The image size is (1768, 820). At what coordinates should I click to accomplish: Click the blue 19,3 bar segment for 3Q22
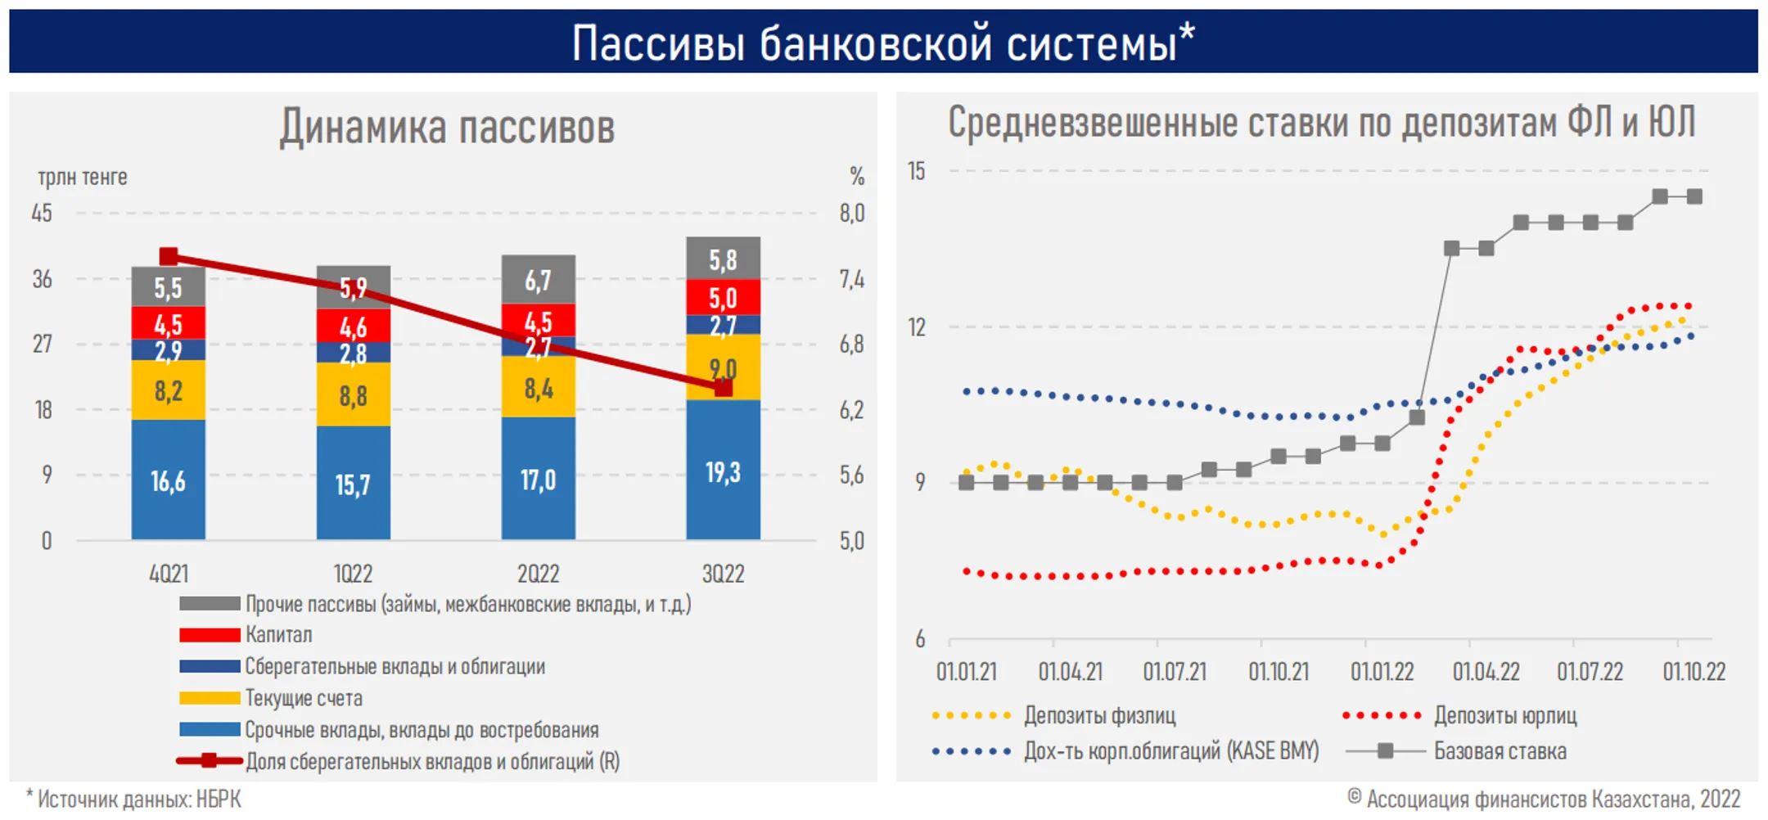[723, 470]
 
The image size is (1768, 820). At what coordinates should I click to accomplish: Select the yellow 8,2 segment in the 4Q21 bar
[169, 390]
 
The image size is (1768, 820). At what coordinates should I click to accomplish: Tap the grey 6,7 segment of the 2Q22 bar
[539, 280]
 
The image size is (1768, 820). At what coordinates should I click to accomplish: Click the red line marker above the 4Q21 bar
[169, 257]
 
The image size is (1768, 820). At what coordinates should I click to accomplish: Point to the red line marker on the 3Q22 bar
[723, 388]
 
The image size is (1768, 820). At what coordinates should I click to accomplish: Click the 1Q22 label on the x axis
[353, 574]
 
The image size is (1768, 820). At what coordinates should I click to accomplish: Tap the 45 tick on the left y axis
[42, 213]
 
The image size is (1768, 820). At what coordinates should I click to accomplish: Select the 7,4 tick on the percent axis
[851, 279]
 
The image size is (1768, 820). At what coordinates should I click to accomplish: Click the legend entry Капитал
[246, 634]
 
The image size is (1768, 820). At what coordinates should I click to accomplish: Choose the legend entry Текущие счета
[271, 698]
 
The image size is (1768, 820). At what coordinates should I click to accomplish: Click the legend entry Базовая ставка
[1456, 750]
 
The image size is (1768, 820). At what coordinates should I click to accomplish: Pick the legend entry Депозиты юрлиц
[1459, 715]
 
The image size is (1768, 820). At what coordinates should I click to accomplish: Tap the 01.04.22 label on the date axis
[1486, 672]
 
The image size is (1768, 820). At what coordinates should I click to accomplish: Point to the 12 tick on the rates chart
[917, 327]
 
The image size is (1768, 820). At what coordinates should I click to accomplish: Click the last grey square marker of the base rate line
[1694, 196]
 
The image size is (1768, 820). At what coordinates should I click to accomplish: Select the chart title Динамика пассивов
[447, 128]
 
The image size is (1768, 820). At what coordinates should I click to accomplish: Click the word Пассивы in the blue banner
[658, 43]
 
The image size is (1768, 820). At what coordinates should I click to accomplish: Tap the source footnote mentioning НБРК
[133, 799]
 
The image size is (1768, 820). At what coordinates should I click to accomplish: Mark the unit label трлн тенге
[83, 177]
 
